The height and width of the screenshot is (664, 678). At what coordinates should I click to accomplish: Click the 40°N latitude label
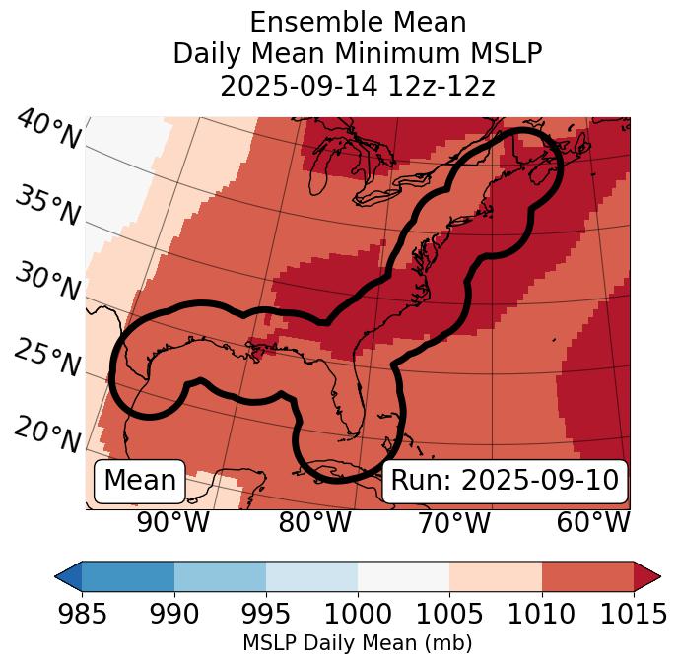(48, 131)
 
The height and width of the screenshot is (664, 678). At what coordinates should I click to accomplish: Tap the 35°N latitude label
(46, 206)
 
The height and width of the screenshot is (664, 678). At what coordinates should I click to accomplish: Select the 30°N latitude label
(46, 283)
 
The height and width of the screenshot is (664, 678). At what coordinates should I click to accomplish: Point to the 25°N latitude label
(46, 359)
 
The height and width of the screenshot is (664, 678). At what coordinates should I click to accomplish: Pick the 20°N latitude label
(46, 433)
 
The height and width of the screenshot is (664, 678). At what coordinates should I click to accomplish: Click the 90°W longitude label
(173, 522)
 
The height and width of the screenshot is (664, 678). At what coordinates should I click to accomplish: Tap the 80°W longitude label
(314, 522)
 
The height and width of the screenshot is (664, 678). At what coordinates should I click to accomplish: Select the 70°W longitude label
(453, 522)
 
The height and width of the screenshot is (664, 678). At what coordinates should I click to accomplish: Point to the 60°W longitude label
(593, 522)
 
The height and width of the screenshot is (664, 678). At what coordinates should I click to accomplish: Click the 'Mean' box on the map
(140, 481)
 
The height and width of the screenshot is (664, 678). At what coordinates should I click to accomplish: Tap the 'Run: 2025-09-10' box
(505, 481)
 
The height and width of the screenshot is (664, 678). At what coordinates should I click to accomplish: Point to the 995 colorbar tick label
(265, 615)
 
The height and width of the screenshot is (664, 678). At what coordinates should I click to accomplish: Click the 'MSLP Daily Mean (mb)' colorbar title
(357, 644)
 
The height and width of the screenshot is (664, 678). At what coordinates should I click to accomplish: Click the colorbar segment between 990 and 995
(220, 575)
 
